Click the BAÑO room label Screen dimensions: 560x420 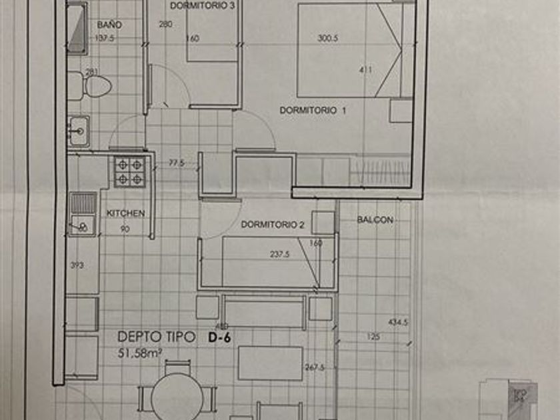(109, 25)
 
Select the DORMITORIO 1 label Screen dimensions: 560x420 (313, 110)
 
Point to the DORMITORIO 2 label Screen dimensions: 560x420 (273, 225)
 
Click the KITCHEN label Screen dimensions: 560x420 (126, 213)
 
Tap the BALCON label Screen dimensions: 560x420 (375, 219)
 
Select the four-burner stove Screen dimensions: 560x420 (129, 171)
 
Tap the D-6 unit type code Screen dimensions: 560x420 (220, 337)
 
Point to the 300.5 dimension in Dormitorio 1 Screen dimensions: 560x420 (328, 38)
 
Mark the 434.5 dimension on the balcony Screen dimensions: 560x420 (397, 323)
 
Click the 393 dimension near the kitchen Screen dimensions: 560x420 (78, 265)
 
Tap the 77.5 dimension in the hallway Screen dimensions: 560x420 (176, 162)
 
